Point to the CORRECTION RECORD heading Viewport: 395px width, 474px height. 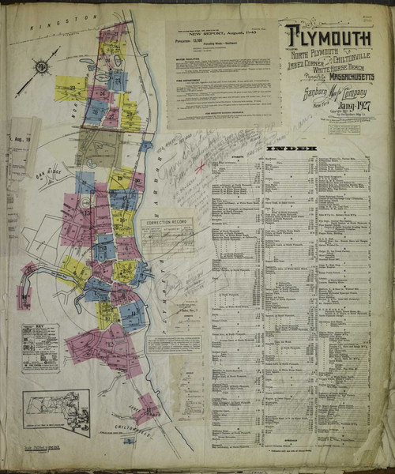(167, 224)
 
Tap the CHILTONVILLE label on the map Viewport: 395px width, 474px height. (118, 427)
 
